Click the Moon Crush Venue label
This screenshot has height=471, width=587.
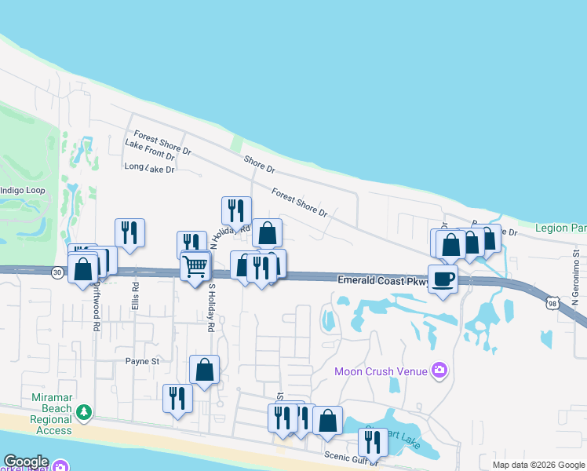pos(381,371)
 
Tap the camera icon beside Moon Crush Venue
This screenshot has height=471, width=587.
pos(439,370)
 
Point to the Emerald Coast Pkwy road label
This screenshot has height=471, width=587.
pos(383,280)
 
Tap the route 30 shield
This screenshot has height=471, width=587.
pos(57,272)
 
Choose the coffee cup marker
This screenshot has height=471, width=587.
pos(443,279)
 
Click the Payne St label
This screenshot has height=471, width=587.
pos(142,362)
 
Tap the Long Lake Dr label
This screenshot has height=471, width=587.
pos(149,168)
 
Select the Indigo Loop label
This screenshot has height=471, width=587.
pos(23,191)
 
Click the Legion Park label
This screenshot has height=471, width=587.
pos(560,228)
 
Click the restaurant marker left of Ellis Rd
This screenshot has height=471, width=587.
pos(129,232)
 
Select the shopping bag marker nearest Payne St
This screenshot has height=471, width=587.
pos(204,369)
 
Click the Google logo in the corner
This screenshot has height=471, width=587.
pos(26,462)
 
